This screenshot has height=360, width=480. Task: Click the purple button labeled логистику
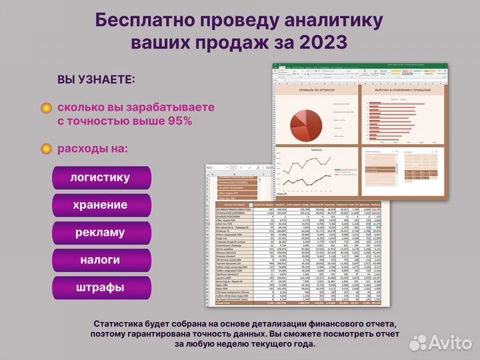pos(101,178)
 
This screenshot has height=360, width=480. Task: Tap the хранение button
pos(101,205)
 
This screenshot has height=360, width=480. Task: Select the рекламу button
pos(101,233)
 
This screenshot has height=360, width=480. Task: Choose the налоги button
pos(101,260)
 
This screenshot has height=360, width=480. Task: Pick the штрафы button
pos(101,287)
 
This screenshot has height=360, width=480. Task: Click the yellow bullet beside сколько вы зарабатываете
pos(46,108)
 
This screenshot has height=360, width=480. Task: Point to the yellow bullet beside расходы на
pos(46,149)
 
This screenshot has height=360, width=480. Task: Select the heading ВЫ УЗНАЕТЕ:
pos(96,79)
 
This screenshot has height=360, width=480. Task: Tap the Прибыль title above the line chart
pos(317,151)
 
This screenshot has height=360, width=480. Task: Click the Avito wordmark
pos(449,341)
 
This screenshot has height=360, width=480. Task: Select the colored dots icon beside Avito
pos(419,341)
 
